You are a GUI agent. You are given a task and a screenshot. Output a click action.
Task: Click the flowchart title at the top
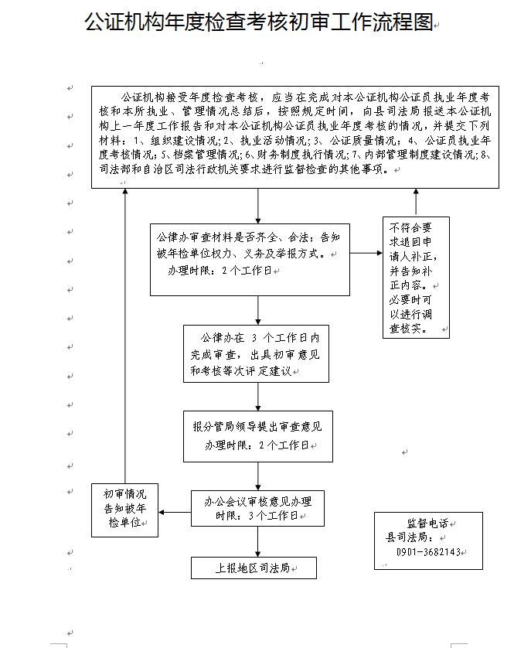click(x=259, y=22)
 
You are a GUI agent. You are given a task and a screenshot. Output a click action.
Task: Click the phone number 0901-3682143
click(x=427, y=552)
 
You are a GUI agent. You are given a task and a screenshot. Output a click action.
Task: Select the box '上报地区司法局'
click(x=254, y=568)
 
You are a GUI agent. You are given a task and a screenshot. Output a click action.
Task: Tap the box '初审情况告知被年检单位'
click(x=124, y=510)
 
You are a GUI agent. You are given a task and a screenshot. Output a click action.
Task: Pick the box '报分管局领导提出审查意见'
click(x=257, y=435)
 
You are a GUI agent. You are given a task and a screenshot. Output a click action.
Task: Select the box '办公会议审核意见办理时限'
click(x=257, y=508)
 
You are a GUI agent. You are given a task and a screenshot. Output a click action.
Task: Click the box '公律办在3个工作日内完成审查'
click(x=256, y=353)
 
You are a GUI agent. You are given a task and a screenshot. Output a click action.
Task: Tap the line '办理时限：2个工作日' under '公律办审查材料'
click(x=220, y=271)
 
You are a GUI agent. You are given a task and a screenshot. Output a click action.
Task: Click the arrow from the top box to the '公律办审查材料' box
click(x=257, y=206)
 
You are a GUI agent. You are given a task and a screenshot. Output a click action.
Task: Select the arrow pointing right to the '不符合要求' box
click(x=366, y=252)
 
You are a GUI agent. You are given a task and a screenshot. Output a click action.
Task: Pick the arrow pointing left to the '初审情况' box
click(x=175, y=511)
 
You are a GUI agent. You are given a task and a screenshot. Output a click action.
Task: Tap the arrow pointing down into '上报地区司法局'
click(x=257, y=541)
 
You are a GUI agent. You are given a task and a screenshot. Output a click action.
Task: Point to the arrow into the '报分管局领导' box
click(x=257, y=396)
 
